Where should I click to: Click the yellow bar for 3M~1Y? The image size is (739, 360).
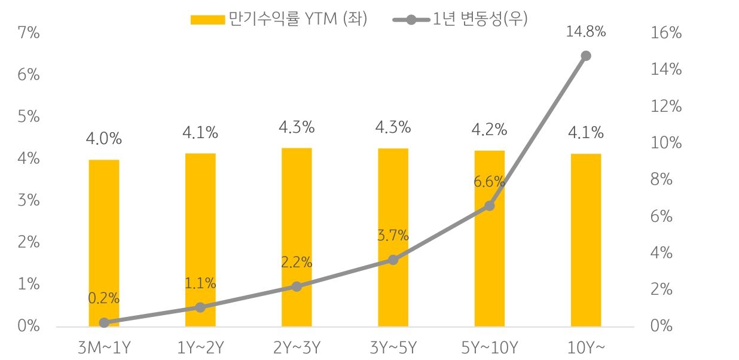click(104, 243)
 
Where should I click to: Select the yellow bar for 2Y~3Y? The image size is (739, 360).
click(297, 237)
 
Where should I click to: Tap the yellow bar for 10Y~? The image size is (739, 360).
click(585, 240)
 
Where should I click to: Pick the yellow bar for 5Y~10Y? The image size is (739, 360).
click(489, 238)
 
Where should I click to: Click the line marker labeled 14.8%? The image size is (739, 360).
click(585, 56)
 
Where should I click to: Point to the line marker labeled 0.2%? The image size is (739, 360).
click(104, 322)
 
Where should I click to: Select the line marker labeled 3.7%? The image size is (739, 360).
click(393, 260)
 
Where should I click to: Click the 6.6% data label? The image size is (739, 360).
click(489, 182)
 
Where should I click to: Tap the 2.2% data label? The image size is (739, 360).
click(297, 262)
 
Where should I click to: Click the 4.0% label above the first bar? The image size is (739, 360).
click(104, 139)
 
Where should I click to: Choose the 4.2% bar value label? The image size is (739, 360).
click(489, 130)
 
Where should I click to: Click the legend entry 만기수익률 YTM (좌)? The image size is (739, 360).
click(279, 19)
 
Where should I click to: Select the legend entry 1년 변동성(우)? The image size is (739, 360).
click(460, 19)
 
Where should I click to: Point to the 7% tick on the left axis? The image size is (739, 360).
click(28, 33)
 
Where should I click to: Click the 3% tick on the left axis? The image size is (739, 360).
click(28, 200)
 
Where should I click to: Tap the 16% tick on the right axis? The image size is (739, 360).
click(665, 33)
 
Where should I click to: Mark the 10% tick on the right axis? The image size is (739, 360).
click(665, 143)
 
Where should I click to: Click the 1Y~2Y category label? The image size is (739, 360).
click(200, 347)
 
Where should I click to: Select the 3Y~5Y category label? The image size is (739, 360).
click(393, 347)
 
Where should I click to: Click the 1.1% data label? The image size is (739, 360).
click(200, 283)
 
